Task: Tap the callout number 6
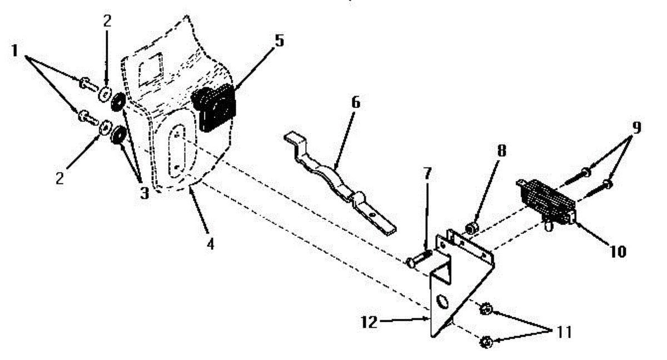(x=355, y=103)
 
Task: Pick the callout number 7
(x=426, y=174)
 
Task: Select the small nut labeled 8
(x=470, y=228)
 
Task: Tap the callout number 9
(x=635, y=127)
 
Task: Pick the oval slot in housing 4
(x=176, y=149)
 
